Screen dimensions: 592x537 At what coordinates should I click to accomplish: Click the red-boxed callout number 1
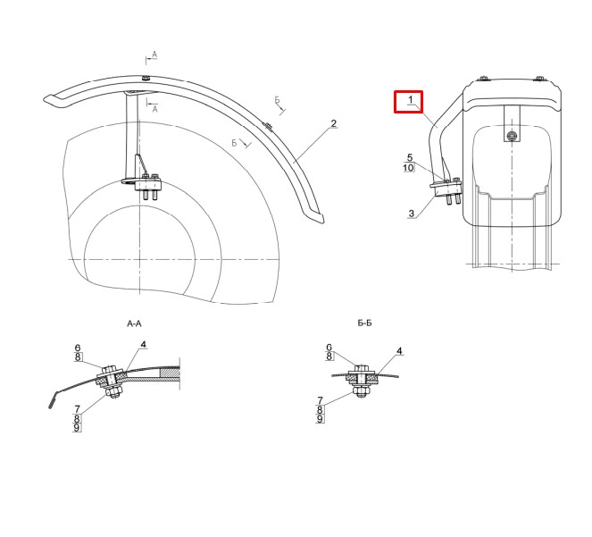coord(411,100)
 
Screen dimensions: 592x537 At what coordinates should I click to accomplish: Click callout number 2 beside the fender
coord(333,123)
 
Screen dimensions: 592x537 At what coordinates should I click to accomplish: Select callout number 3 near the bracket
coord(412,214)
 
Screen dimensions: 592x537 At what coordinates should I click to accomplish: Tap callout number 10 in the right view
coord(409,167)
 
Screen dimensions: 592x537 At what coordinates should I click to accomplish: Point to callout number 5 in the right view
coord(410,157)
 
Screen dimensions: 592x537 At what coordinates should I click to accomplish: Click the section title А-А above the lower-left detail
coord(135,323)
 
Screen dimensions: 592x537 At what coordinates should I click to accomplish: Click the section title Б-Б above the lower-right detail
coord(364,323)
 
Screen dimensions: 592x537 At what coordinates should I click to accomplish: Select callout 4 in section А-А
coord(143,344)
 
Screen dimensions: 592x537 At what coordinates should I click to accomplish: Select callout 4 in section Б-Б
coord(399,351)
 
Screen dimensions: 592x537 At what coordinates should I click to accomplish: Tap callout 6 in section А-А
coord(78,348)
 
